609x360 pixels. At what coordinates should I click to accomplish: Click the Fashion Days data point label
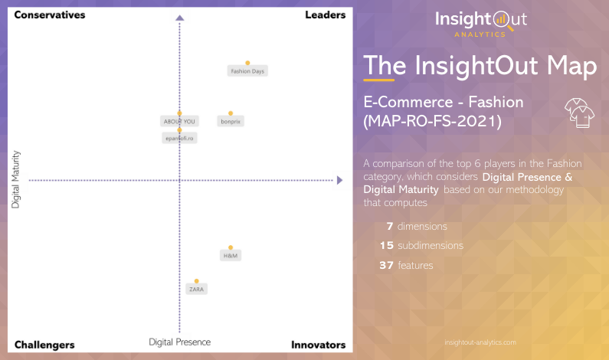[x=247, y=71]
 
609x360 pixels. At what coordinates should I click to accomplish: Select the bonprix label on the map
[x=231, y=121]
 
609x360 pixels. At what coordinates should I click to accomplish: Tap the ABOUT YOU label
[x=178, y=121]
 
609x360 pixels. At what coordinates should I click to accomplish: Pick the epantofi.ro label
[x=179, y=138]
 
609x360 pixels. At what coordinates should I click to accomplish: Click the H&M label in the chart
[x=230, y=255]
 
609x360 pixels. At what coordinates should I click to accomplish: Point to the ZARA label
[x=197, y=289]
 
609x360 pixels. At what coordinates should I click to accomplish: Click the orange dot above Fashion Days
[x=247, y=63]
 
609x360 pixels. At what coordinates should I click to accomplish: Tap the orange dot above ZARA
[x=197, y=281]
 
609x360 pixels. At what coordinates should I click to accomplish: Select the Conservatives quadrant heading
[x=50, y=15]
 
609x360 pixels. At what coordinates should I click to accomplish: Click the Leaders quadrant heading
[x=325, y=15]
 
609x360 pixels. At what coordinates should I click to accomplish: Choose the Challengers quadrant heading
[x=44, y=345]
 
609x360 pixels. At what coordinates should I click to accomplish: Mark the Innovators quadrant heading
[x=318, y=345]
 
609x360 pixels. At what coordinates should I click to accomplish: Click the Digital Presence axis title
[x=179, y=342]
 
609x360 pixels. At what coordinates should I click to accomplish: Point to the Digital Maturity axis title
[x=15, y=180]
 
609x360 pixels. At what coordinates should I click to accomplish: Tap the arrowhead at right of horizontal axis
[x=339, y=180]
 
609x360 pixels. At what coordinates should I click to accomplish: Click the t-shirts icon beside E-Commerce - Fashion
[x=580, y=112]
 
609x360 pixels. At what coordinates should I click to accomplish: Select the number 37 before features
[x=386, y=265]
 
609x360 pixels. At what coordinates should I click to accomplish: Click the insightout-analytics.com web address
[x=480, y=342]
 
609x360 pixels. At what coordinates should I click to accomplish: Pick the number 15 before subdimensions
[x=386, y=246]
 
